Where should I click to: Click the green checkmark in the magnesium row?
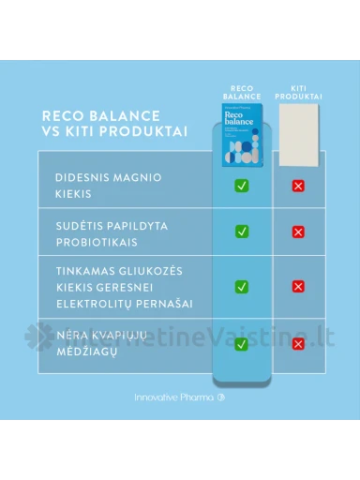(x=241, y=187)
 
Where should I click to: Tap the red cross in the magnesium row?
(x=299, y=187)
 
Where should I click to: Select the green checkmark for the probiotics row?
(x=241, y=231)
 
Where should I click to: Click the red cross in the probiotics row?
(x=299, y=232)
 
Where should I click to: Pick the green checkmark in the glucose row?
(x=241, y=286)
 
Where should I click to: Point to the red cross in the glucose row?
(x=299, y=286)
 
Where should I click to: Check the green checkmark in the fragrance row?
(x=241, y=344)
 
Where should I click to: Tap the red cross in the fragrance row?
(x=299, y=344)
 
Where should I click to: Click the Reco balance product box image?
(x=241, y=135)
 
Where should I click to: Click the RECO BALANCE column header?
(x=241, y=91)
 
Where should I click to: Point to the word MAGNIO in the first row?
(x=138, y=177)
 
